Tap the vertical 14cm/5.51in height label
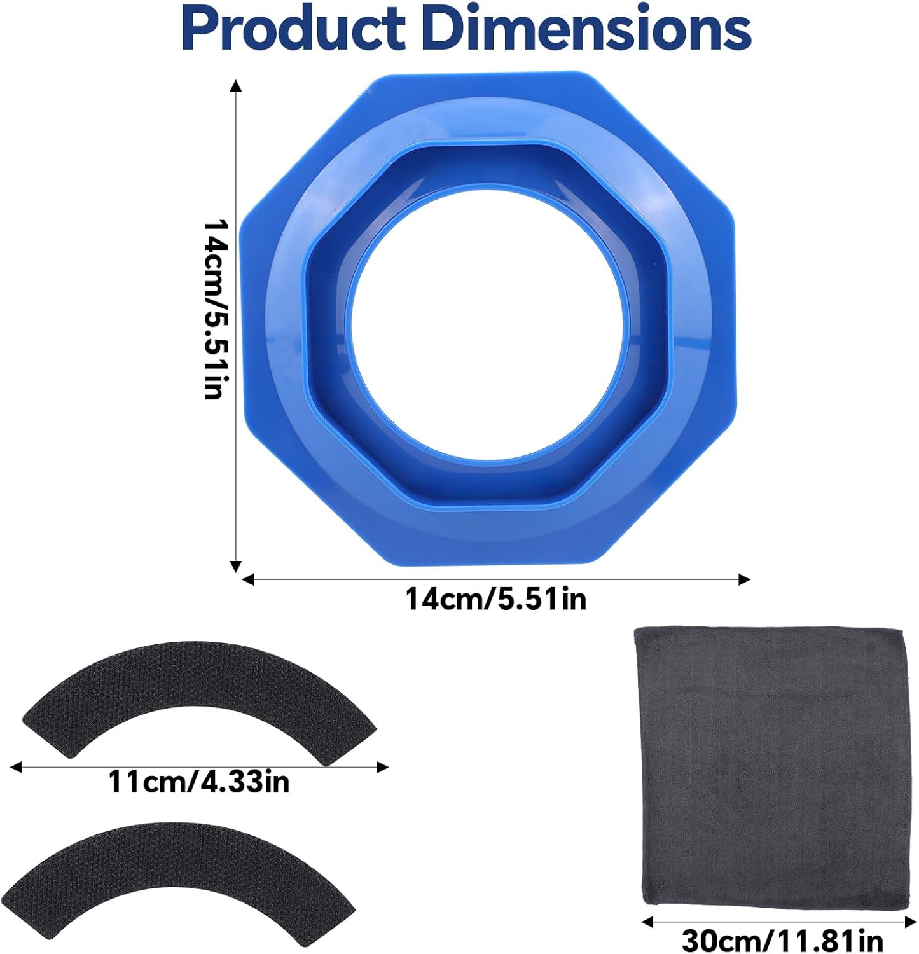pyautogui.click(x=213, y=309)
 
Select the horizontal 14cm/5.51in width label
pyautogui.click(x=496, y=599)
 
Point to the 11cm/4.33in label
pyautogui.click(x=199, y=782)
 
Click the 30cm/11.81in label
pyautogui.click(x=782, y=940)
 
